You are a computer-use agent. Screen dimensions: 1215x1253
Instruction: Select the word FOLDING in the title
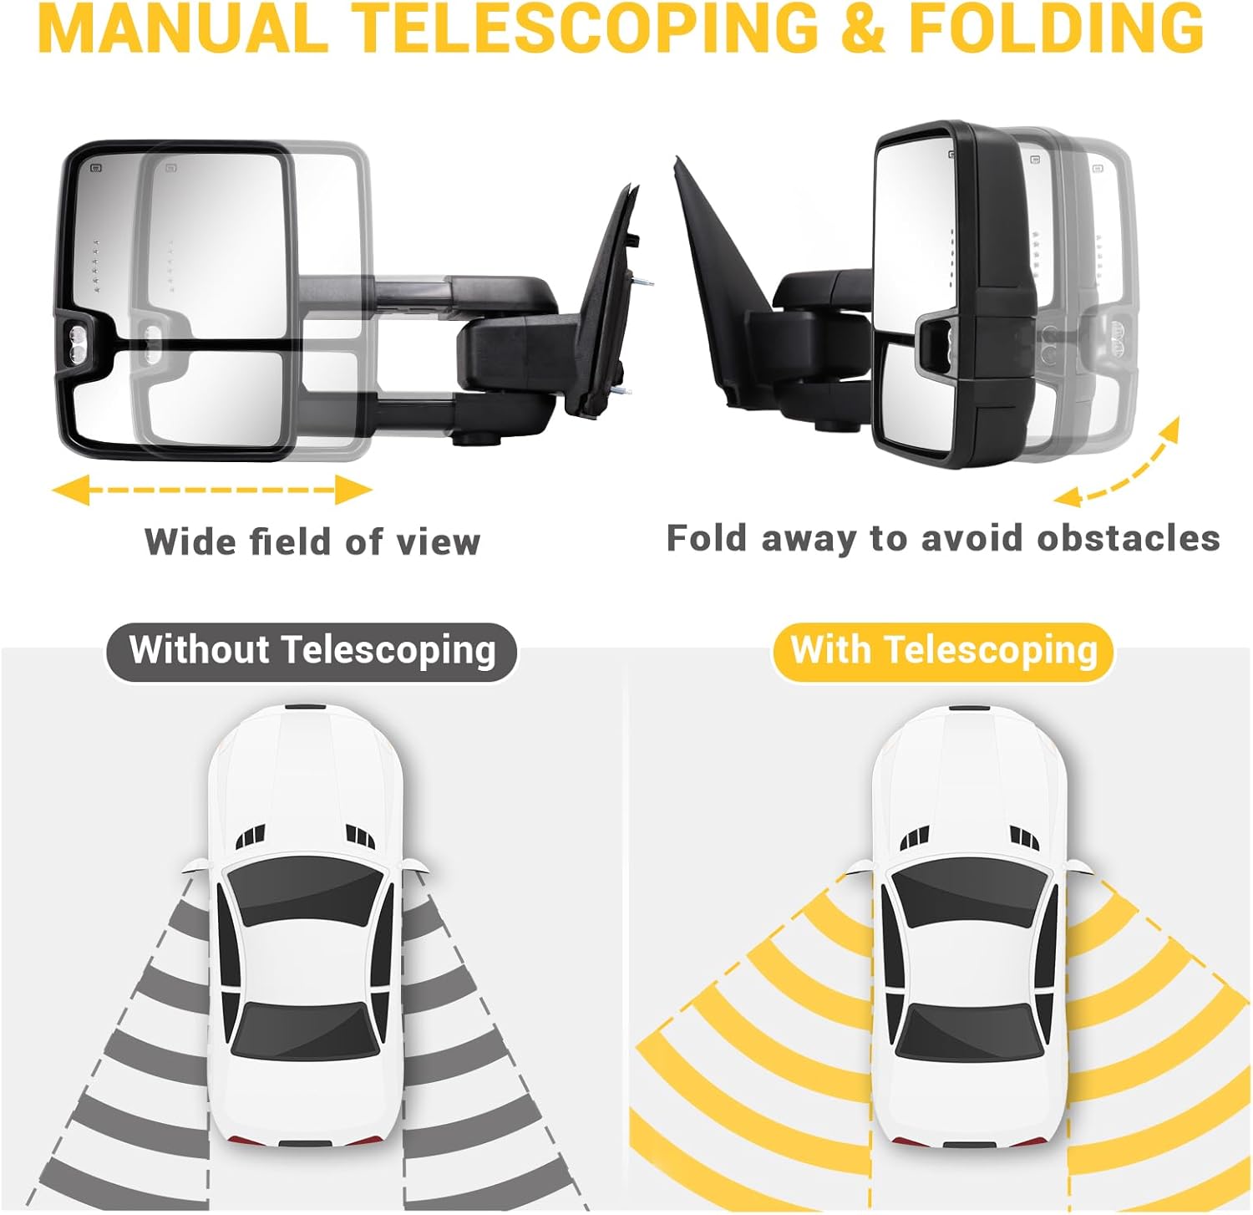click(x=1056, y=28)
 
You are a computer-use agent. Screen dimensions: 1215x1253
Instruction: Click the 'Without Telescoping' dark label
click(x=312, y=651)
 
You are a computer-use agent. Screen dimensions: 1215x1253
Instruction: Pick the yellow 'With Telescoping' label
click(x=943, y=651)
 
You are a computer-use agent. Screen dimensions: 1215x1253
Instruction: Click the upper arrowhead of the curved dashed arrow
click(x=1169, y=430)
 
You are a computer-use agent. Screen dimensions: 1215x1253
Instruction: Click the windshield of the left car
click(x=304, y=890)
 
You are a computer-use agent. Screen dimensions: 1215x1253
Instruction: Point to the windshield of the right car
click(x=969, y=890)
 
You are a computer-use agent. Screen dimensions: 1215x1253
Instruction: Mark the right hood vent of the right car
click(x=1024, y=836)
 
